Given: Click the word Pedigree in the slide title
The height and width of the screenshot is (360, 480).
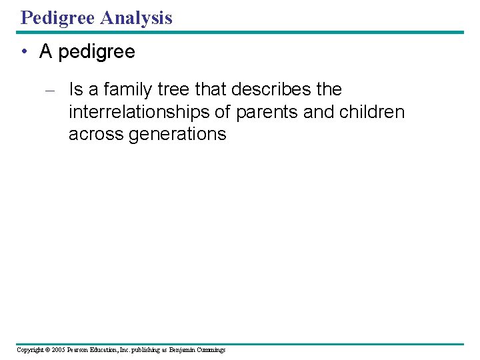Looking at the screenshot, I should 57,18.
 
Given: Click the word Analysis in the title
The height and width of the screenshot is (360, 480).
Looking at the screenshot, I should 136,18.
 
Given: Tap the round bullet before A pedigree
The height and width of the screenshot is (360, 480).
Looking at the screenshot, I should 23,52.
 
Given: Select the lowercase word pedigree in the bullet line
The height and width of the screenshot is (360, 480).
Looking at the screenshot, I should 97,53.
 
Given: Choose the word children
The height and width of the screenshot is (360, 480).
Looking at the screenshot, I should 371,111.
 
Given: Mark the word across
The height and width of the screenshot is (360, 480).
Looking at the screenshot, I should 96,134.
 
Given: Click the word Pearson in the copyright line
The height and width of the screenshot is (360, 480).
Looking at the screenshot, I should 79,349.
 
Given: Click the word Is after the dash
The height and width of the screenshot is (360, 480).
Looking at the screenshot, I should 75,89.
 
